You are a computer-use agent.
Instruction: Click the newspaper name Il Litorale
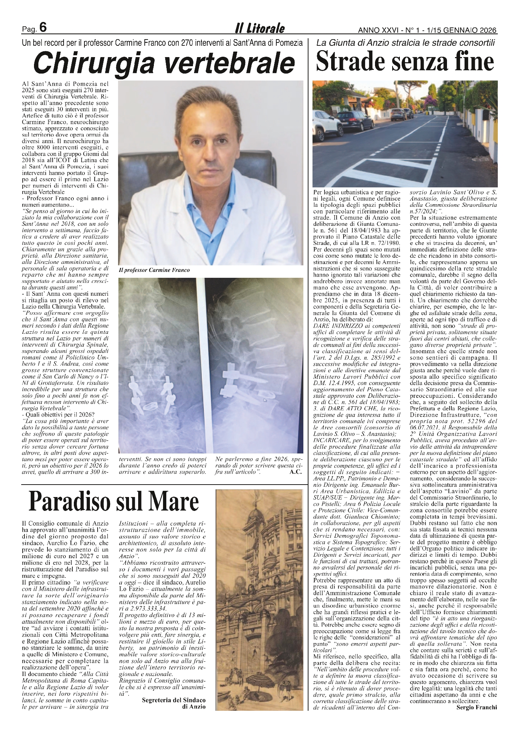(259, 28)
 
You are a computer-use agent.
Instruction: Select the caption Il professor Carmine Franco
(154, 270)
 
